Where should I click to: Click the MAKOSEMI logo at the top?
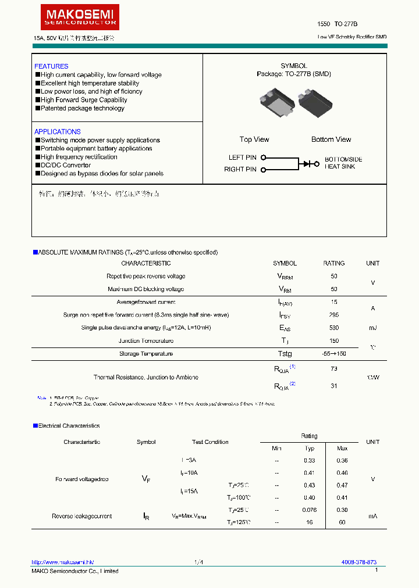click(x=80, y=17)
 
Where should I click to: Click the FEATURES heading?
click(x=51, y=66)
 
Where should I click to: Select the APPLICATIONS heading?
click(x=57, y=132)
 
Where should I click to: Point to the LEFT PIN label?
click(x=242, y=157)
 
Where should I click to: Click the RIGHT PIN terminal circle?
click(x=263, y=170)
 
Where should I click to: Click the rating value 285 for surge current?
click(x=333, y=315)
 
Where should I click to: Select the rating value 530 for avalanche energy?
click(x=333, y=328)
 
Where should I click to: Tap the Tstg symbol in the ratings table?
click(x=285, y=354)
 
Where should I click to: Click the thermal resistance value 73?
click(x=333, y=368)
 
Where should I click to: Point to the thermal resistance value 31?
click(x=333, y=386)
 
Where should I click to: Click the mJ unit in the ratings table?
click(x=372, y=328)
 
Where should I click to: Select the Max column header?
click(x=342, y=448)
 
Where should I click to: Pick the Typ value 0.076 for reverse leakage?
click(x=310, y=510)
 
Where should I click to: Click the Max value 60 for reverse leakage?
click(x=342, y=522)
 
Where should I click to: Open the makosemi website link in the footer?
click(x=62, y=562)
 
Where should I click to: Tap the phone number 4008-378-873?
click(x=358, y=562)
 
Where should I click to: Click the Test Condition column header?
click(x=210, y=442)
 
